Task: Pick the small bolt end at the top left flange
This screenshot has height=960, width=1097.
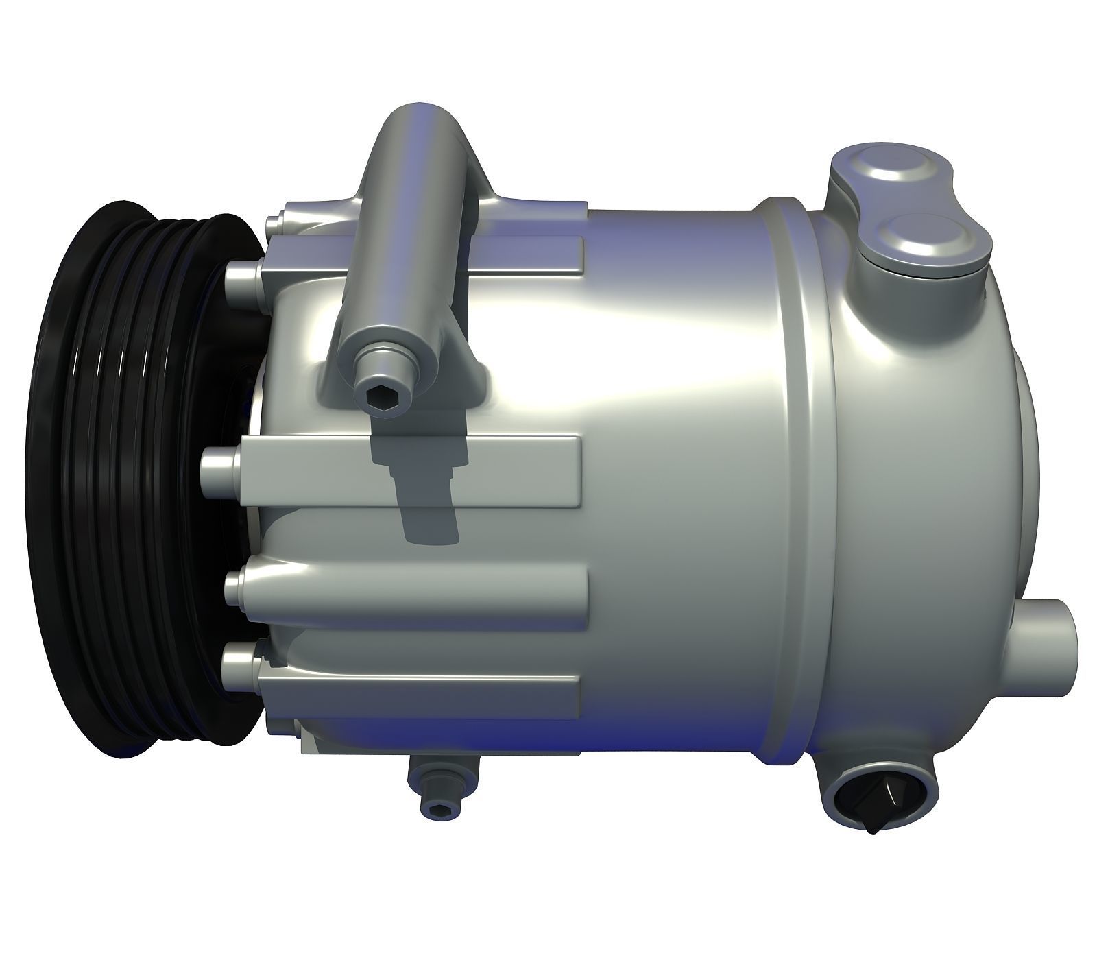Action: click(273, 221)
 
